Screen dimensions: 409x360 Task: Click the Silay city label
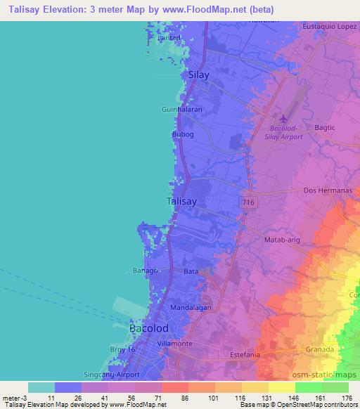tap(199, 74)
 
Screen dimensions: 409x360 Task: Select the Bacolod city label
tap(149, 328)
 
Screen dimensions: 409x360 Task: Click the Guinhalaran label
tap(181, 110)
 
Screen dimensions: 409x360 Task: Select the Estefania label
tap(245, 356)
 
